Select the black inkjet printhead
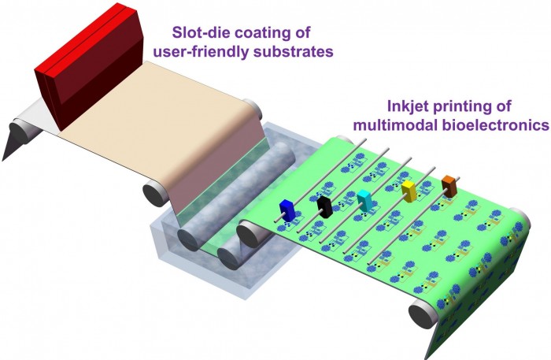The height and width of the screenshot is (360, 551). click(324, 207)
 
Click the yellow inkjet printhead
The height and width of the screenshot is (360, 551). click(409, 191)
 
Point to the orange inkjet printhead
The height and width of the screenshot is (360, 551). click(449, 186)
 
